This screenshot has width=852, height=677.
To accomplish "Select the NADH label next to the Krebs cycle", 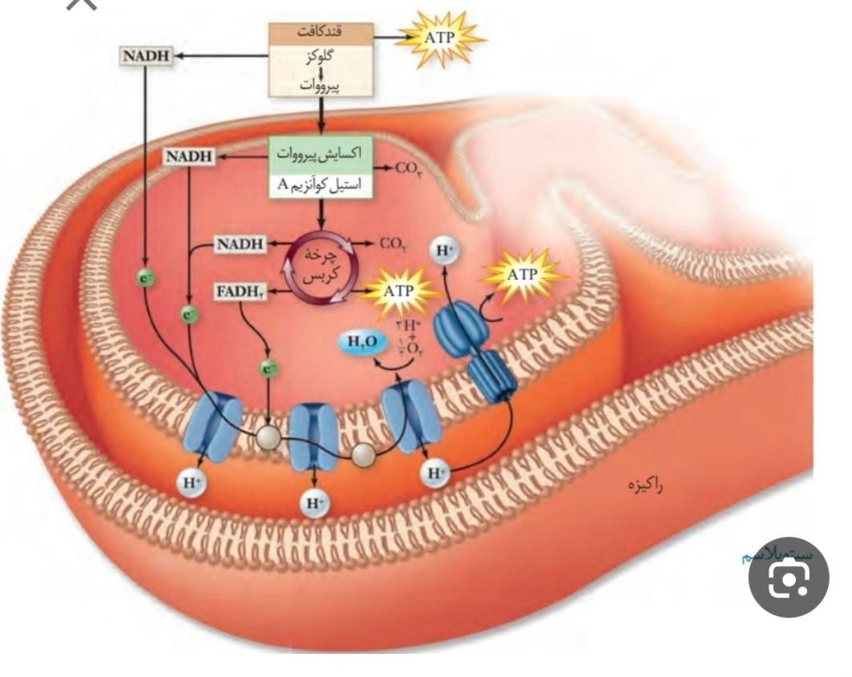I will (240, 244).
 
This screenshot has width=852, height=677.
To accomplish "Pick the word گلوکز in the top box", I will (320, 58).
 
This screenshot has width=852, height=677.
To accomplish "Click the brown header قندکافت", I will (320, 33).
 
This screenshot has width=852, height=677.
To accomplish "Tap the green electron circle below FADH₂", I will (268, 369).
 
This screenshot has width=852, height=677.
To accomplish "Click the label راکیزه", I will (648, 485).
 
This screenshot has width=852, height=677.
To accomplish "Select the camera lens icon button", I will (789, 577).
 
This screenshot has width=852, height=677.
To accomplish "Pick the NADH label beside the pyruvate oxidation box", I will (189, 156).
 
